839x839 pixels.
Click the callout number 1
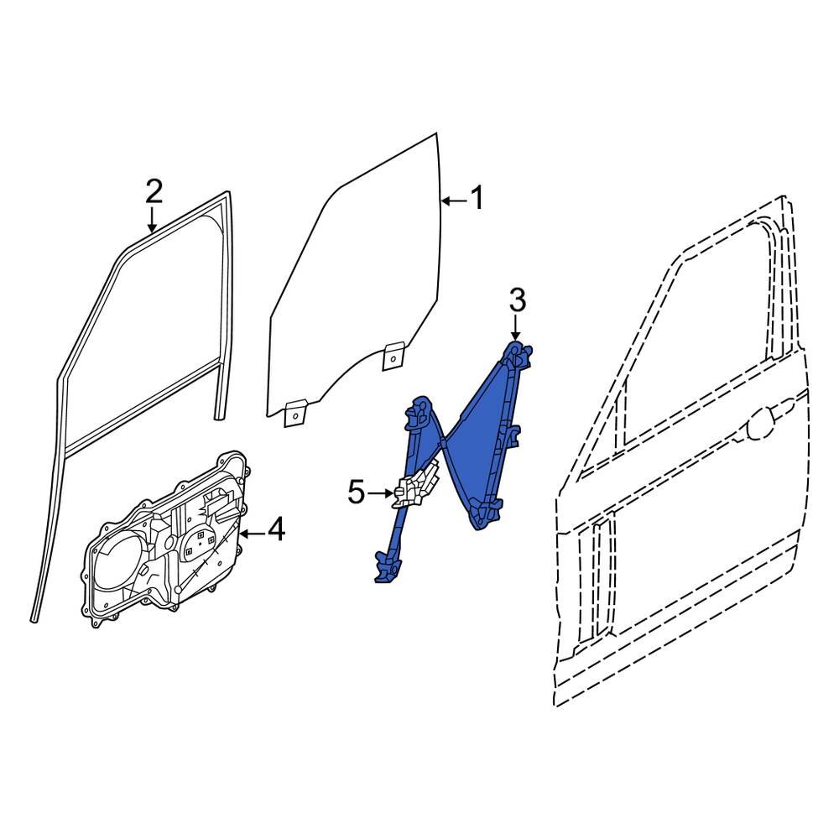(477, 200)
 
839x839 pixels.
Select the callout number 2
(153, 191)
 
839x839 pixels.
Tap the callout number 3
(517, 299)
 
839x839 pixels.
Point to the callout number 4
(275, 530)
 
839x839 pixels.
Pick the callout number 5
(357, 492)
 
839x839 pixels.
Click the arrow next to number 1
(452, 201)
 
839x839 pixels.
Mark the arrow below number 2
(152, 220)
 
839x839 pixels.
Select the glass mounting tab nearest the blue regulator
(393, 356)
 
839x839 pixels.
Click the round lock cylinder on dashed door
(762, 422)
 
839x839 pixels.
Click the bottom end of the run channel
(34, 617)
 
